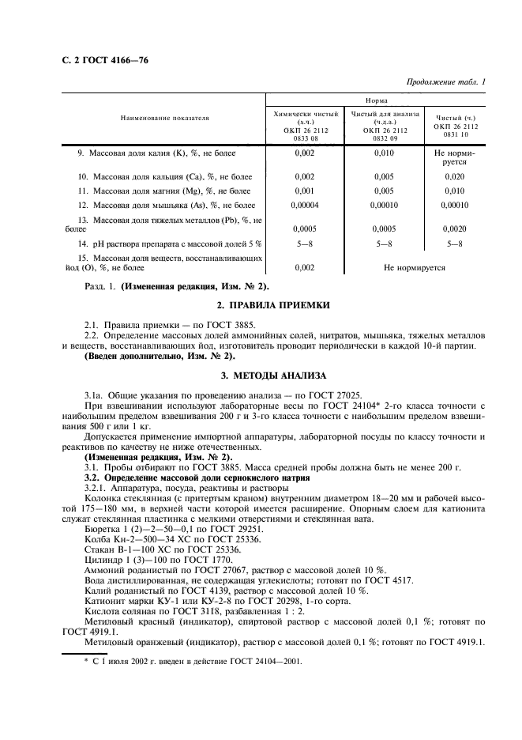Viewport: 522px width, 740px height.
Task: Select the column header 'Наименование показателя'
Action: click(x=164, y=118)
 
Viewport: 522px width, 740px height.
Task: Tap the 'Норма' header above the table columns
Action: click(x=376, y=100)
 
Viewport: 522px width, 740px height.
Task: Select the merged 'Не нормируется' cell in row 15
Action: click(x=414, y=269)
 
